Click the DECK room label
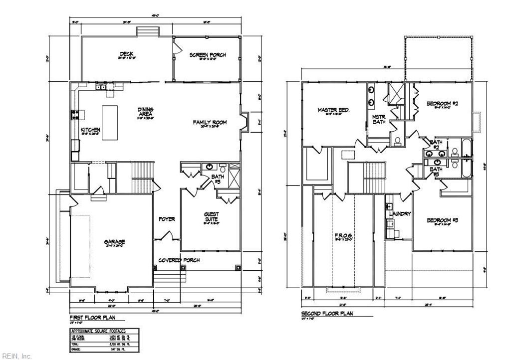[126, 54]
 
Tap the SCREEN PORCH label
[207, 55]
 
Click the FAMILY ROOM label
[210, 122]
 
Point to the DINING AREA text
[146, 112]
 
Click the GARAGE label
[114, 242]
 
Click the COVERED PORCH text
[179, 260]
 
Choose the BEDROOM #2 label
[442, 104]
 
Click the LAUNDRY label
[400, 214]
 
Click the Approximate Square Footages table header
[98, 331]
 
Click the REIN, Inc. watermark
[17, 356]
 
